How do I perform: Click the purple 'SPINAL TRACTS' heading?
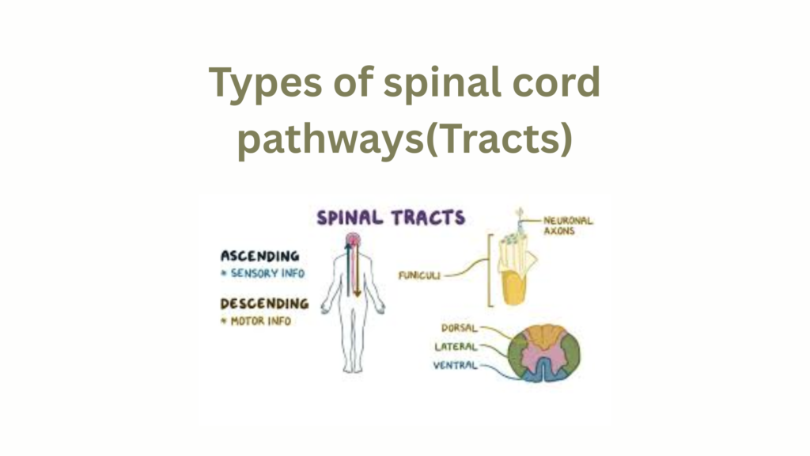pos(391,217)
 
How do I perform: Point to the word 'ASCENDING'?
pos(259,256)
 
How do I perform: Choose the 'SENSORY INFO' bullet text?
pos(265,274)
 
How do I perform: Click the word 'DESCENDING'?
pos(264,303)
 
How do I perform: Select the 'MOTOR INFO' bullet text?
pos(259,321)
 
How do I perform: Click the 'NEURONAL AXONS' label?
pos(567,226)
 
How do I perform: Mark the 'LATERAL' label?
pos(456,346)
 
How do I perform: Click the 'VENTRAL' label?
pos(456,366)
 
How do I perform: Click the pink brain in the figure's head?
pos(352,240)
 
